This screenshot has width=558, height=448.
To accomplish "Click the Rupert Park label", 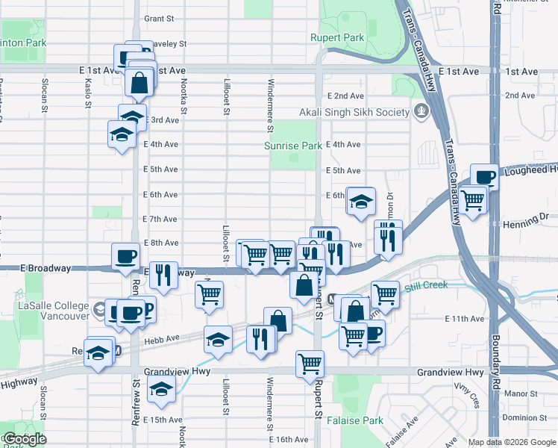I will (337, 37).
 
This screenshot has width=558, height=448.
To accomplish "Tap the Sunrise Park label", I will (293, 146).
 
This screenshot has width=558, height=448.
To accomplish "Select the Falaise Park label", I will (359, 420).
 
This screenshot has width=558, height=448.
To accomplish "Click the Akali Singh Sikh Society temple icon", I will (423, 112).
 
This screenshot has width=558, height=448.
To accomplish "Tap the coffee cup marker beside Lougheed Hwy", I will (483, 177).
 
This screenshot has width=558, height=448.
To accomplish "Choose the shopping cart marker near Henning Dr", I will (473, 199).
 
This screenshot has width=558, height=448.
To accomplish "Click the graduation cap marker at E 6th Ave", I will (360, 201).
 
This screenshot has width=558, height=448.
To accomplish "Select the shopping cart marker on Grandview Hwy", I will (310, 364).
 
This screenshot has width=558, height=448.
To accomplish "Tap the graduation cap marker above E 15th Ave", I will (160, 389).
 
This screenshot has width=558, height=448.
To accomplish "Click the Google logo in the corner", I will (25, 439).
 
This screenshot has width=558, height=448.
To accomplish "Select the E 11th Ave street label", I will (464, 319).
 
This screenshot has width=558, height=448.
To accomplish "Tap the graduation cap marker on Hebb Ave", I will (217, 340).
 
